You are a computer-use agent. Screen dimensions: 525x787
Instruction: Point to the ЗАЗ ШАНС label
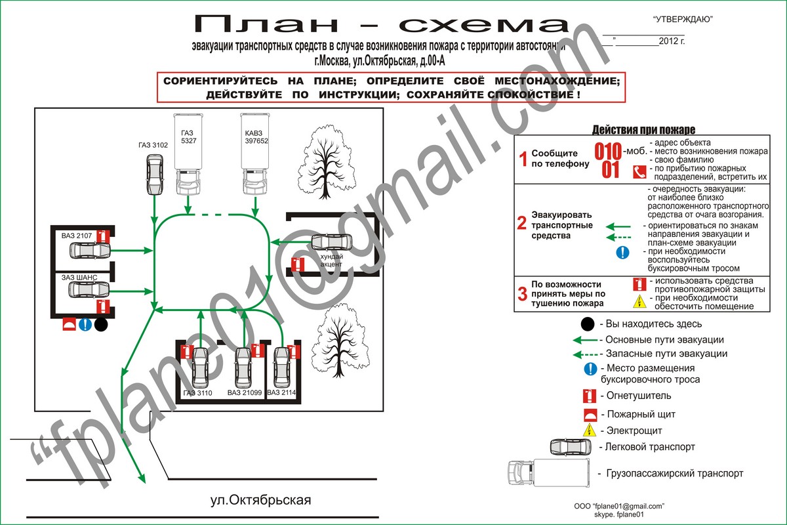(x=79, y=278)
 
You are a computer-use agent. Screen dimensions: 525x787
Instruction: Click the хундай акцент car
(x=332, y=242)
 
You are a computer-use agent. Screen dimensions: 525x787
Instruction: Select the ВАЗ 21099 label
(x=245, y=392)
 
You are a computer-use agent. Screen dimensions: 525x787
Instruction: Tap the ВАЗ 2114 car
(x=282, y=366)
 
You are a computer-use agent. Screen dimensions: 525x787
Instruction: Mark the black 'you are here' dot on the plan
(x=100, y=324)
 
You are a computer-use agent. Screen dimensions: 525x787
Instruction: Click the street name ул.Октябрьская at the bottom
(x=260, y=500)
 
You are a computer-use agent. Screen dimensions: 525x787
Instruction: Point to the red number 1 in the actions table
(x=523, y=159)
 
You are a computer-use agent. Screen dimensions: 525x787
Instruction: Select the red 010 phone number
(x=608, y=152)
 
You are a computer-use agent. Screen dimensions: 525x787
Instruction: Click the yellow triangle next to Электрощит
(x=590, y=430)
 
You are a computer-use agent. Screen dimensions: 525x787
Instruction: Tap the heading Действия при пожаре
(x=643, y=130)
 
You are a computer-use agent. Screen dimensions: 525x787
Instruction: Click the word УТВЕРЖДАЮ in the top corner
(x=683, y=20)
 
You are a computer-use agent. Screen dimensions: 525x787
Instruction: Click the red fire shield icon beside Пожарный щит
(x=590, y=414)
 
